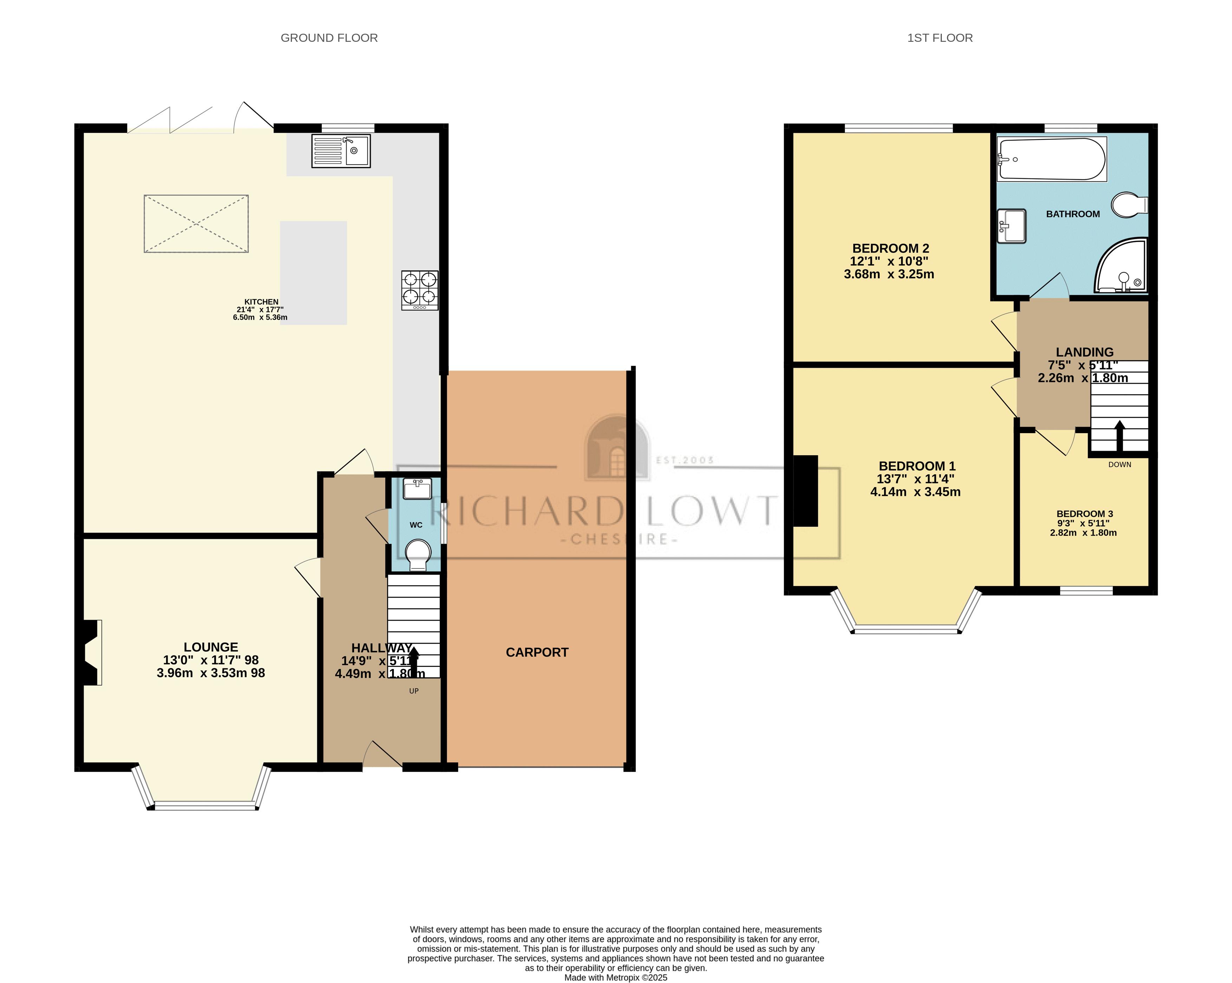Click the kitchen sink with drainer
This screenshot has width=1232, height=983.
pos(340,151)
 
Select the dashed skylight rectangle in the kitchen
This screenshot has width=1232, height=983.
pos(196,223)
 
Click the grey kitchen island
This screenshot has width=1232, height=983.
pos(313,273)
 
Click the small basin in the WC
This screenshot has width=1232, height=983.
pos(417,489)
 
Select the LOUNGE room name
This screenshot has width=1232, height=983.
pos(211,647)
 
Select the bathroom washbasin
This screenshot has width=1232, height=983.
pos(1011,226)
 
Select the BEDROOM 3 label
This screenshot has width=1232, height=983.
pos(1084,514)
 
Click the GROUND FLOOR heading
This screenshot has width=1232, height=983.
pos(329,38)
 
